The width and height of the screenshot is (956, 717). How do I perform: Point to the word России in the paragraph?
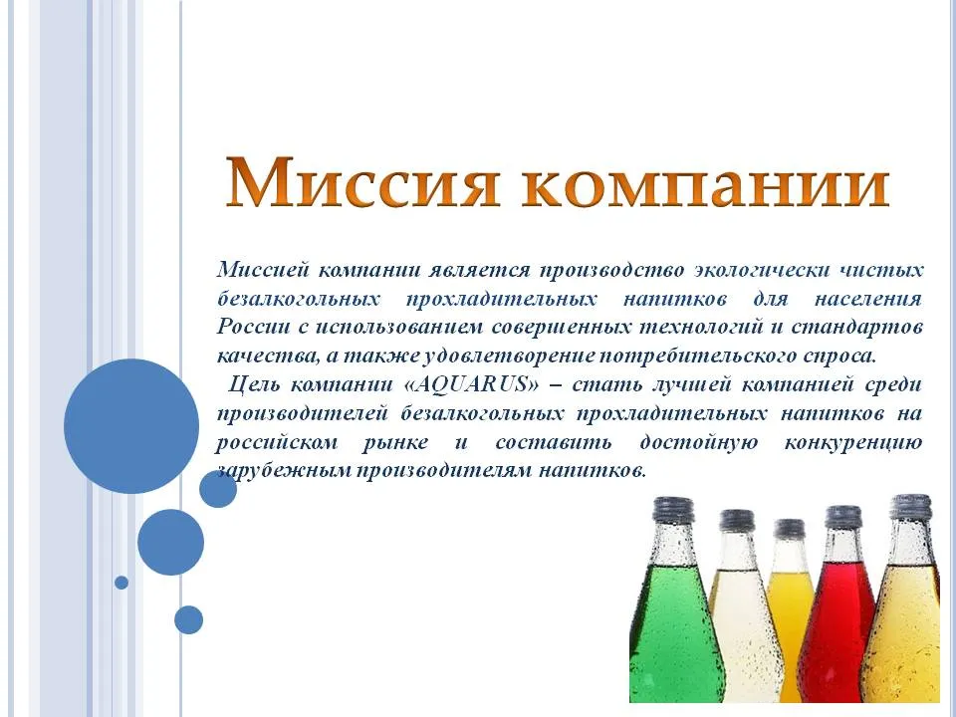253,327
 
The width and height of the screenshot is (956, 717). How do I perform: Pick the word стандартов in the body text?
857,328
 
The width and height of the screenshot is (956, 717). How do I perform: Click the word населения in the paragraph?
867,299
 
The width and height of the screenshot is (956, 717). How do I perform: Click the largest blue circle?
131,425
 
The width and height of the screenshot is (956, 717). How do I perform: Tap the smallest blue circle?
121,583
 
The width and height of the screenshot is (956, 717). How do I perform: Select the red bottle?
840,609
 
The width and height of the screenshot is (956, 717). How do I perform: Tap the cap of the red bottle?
843,518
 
